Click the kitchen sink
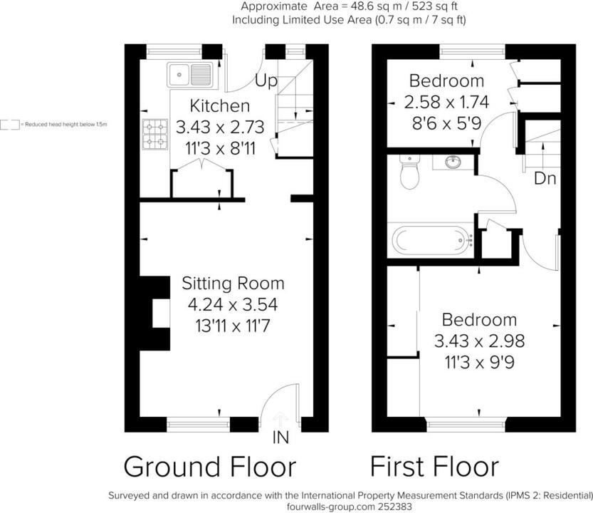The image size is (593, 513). click(x=190, y=73)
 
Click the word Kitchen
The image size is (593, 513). click(x=219, y=106)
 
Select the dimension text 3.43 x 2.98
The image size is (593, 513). click(x=476, y=341)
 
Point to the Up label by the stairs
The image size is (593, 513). click(x=266, y=81)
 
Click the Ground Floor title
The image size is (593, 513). click(x=209, y=467)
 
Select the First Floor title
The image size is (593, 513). click(x=434, y=467)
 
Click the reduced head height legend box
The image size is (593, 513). click(x=10, y=125)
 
